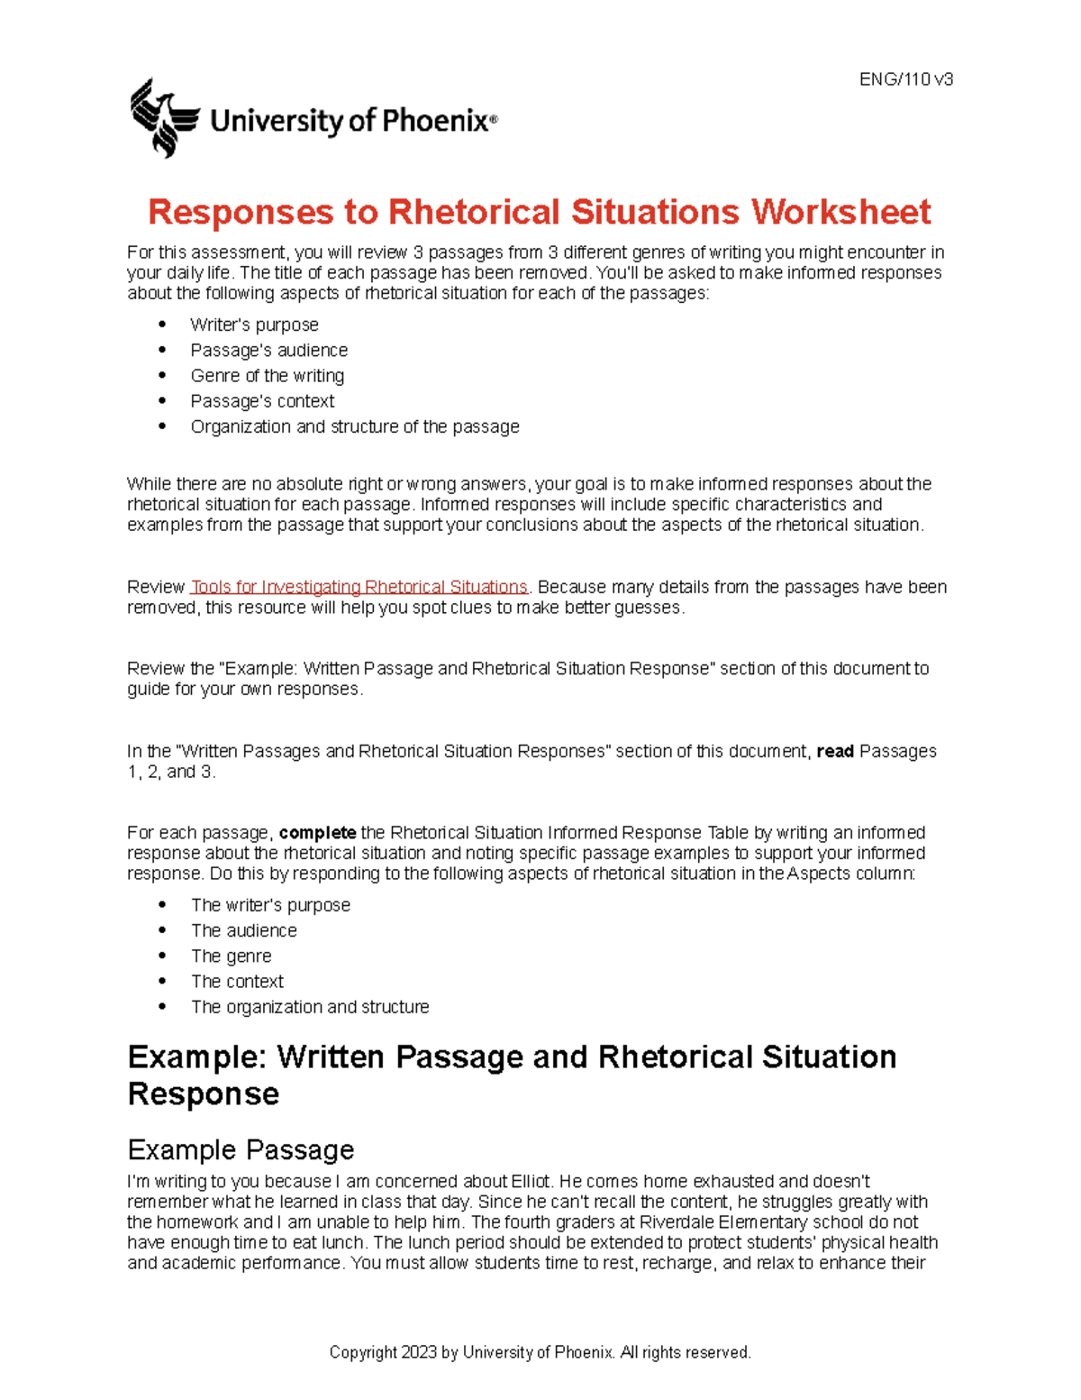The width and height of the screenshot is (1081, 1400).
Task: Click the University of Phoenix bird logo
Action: [x=164, y=118]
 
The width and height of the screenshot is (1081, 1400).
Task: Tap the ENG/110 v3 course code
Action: [x=905, y=79]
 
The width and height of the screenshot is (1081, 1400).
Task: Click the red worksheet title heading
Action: [x=539, y=212]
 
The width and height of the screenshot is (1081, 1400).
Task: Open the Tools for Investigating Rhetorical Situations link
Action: [x=359, y=587]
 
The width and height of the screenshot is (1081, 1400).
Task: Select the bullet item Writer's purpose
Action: [x=254, y=325]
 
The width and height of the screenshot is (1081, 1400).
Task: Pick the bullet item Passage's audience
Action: [x=268, y=350]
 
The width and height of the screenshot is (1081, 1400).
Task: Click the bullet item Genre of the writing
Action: [x=267, y=375]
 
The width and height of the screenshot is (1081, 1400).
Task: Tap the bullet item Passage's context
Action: [x=262, y=401]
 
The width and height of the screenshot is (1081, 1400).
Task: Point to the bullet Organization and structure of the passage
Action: [x=354, y=426]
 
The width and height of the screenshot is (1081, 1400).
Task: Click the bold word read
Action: [x=834, y=751]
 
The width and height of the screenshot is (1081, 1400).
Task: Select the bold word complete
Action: [x=317, y=832]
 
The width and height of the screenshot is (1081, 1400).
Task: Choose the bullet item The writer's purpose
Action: [x=270, y=905]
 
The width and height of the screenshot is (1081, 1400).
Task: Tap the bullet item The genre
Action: [x=231, y=956]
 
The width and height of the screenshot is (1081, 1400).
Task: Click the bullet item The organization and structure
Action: [x=310, y=1007]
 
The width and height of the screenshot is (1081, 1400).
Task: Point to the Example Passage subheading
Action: [x=241, y=1149]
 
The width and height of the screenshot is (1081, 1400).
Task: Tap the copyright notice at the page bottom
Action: [x=540, y=1352]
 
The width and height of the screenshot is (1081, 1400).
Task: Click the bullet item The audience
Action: [x=243, y=930]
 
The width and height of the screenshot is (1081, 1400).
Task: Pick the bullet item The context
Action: [x=237, y=982]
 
